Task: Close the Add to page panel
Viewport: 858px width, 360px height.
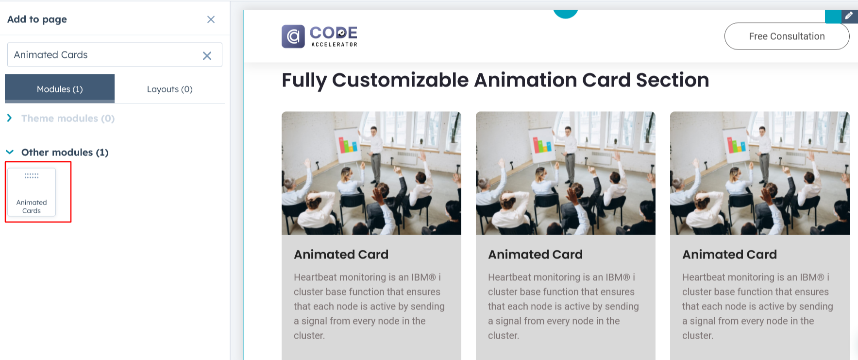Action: click(x=211, y=19)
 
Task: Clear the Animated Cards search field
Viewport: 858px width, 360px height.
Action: click(x=207, y=55)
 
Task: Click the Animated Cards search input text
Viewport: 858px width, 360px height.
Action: click(x=51, y=55)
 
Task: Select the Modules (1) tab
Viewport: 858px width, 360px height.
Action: click(x=60, y=88)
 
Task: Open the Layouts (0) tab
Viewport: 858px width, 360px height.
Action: click(x=169, y=89)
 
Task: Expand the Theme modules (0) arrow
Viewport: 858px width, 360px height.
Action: click(x=9, y=118)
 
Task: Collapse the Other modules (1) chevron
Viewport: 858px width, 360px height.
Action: click(x=10, y=152)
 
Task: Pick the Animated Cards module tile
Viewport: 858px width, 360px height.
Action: click(x=32, y=192)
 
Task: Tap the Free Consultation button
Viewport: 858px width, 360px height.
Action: click(x=787, y=36)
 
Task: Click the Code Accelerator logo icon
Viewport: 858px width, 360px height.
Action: click(x=293, y=36)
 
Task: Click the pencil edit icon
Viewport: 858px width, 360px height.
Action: click(x=849, y=16)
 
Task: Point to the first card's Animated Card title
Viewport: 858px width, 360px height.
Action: click(x=341, y=254)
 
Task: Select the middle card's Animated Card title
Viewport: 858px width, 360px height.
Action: click(x=535, y=254)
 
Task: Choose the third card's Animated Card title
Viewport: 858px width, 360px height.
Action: click(x=729, y=254)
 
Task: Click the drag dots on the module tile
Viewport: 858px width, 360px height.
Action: click(x=32, y=175)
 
